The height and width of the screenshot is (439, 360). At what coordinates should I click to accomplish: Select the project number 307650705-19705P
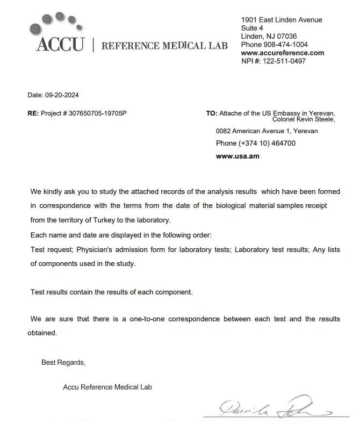tap(98, 114)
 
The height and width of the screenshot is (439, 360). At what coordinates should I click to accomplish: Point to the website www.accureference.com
tap(282, 53)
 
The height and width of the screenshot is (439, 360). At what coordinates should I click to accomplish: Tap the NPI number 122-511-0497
tap(284, 61)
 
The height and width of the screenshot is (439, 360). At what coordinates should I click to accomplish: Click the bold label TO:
tap(212, 113)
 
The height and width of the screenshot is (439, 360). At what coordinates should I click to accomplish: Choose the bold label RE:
tap(33, 114)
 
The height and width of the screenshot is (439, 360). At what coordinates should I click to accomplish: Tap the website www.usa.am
tap(237, 156)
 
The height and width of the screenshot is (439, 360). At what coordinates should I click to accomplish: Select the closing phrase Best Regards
tap(63, 363)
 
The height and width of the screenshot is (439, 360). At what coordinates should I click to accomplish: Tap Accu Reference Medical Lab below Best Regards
tap(107, 387)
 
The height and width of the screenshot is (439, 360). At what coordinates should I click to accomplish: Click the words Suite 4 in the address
tap(252, 27)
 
